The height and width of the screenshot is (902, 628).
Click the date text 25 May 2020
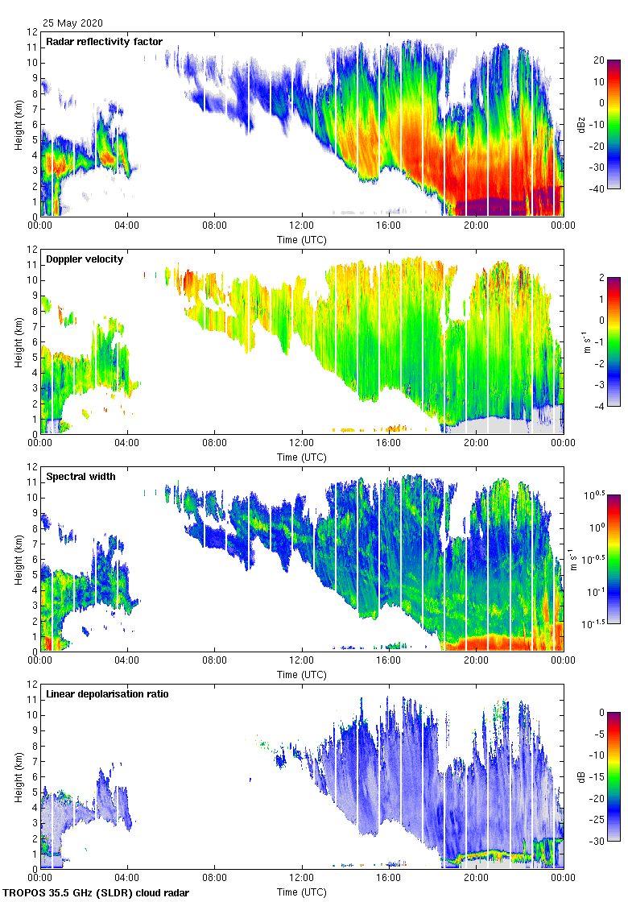72,23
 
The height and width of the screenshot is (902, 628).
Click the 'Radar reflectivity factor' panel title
105,42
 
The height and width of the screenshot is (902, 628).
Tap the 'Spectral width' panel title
81,476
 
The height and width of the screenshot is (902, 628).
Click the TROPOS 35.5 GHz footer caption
97,893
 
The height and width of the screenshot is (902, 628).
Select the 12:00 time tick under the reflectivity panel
302,226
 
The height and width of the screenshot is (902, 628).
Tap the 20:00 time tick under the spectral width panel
476,661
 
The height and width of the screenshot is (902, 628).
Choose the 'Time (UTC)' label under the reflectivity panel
303,239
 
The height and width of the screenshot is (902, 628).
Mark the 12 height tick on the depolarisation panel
32,684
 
